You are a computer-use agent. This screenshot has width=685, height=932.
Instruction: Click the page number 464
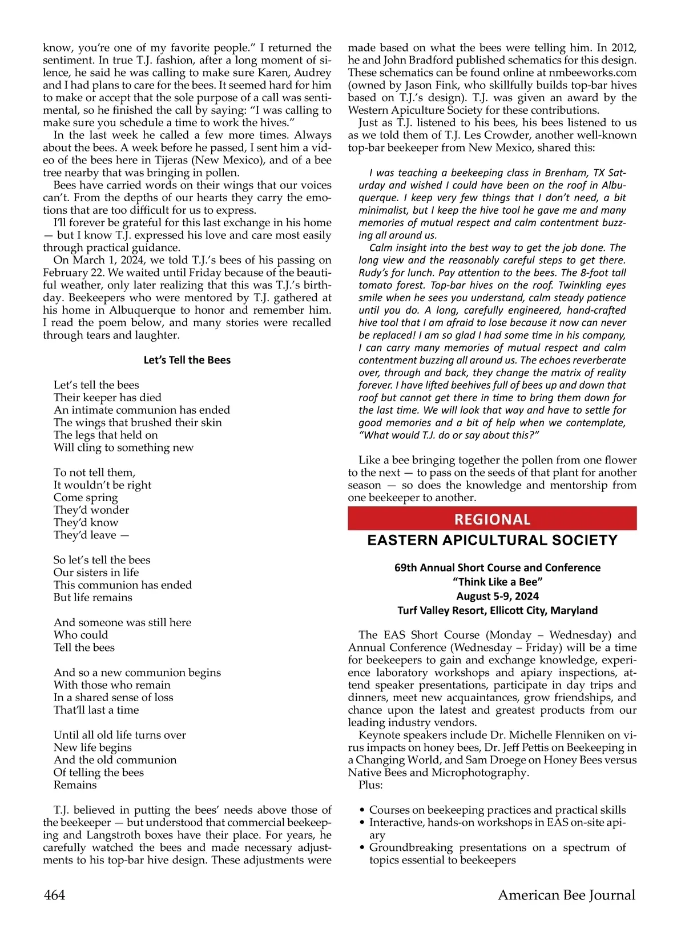[x=54, y=895]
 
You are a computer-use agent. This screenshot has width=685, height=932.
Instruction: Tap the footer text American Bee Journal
[x=566, y=895]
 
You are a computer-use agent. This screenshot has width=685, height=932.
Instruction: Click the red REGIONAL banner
[x=492, y=519]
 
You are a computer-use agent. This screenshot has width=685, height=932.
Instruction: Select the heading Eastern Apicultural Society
[x=492, y=540]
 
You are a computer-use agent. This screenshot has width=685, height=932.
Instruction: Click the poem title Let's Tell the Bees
[x=187, y=360]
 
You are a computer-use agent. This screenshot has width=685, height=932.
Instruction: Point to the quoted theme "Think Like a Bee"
[x=497, y=582]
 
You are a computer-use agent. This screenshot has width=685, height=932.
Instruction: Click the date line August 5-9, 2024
[x=497, y=596]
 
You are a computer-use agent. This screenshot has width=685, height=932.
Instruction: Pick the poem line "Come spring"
[x=86, y=497]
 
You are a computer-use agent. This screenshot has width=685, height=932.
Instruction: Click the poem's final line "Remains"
[x=75, y=785]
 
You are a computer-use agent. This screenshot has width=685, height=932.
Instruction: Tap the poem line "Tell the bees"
[x=84, y=647]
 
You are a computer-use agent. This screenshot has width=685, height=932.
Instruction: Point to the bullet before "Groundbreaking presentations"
[x=363, y=848]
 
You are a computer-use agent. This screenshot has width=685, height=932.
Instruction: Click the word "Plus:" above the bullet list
[x=370, y=785]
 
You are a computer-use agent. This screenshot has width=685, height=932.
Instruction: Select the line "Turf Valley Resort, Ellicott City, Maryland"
[x=497, y=610]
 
